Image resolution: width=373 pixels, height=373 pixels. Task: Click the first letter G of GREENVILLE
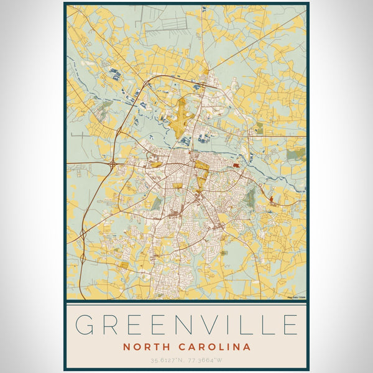87,325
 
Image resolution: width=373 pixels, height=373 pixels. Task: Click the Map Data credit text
297,298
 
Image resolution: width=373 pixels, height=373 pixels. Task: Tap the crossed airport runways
182,117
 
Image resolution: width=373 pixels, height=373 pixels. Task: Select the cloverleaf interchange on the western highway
113,164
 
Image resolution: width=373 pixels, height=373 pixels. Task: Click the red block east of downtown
235,165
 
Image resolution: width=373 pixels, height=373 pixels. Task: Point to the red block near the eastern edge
274,199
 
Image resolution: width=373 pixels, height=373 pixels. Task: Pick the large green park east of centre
250,198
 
